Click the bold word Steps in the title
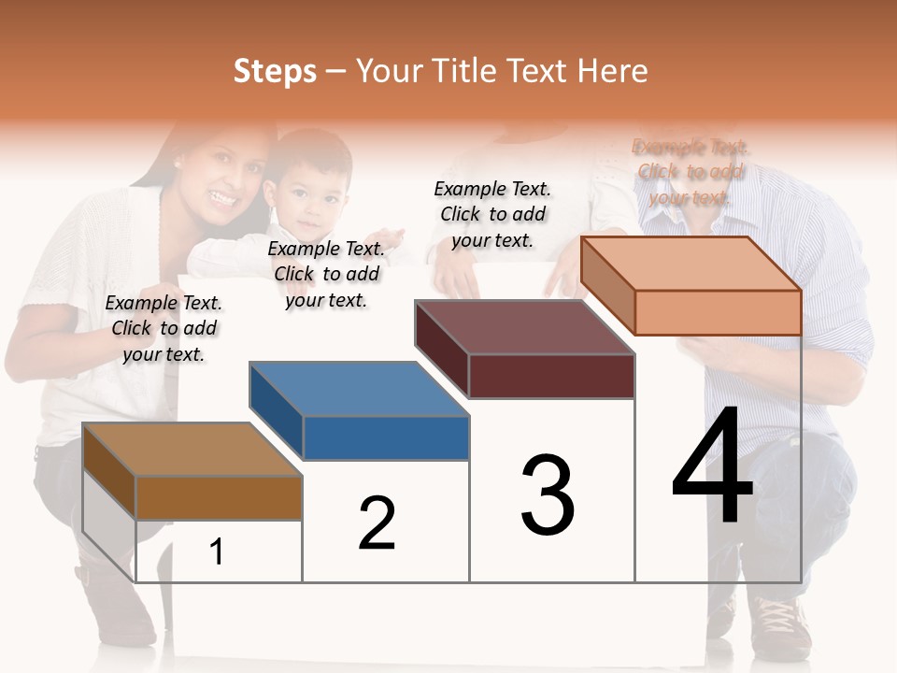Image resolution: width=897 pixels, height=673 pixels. tap(275, 71)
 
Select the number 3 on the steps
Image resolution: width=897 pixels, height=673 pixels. tap(548, 495)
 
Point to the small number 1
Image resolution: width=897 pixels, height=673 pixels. tap(217, 552)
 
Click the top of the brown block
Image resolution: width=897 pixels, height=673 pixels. tap(192, 450)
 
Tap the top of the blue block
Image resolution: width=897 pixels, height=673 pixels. tap(359, 389)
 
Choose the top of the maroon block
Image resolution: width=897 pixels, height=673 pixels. tap(524, 327)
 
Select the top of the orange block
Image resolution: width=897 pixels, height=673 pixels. tap(691, 264)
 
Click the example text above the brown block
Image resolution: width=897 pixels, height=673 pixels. tap(164, 328)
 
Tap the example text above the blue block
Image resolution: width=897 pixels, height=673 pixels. tap(326, 274)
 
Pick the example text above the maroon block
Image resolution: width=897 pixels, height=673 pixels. tap(492, 214)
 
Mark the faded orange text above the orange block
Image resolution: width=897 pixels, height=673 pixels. tap(691, 172)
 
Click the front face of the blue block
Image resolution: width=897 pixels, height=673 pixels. tap(386, 437)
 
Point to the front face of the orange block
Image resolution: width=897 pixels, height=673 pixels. tap(718, 312)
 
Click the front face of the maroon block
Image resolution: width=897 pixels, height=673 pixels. tap(551, 376)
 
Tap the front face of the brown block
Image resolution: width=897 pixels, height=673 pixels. tap(219, 497)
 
